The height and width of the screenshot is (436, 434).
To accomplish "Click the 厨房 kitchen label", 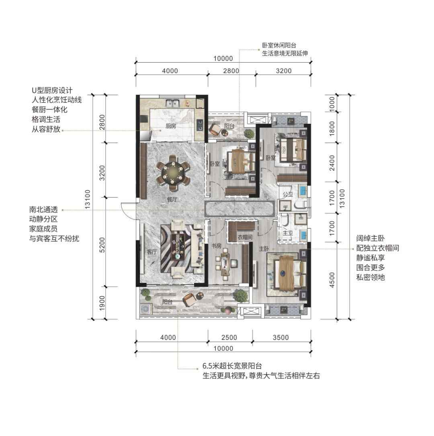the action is (x=171, y=126).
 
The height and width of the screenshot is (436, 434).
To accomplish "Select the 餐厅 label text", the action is (x=172, y=199).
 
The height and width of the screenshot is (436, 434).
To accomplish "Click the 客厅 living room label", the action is (x=152, y=252).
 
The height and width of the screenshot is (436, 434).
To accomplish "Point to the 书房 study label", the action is (x=216, y=246).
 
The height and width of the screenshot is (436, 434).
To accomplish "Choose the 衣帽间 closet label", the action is (x=245, y=237).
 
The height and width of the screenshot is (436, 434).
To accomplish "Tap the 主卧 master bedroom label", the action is (x=264, y=249).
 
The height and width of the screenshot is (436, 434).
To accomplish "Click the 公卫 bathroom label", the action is (x=288, y=194).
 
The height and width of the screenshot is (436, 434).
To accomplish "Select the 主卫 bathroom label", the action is (x=288, y=232).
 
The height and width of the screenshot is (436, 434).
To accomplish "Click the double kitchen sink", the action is (x=173, y=103).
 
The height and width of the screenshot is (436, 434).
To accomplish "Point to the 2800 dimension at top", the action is (x=231, y=71).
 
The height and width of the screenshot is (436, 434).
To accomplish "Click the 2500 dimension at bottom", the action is (x=229, y=338).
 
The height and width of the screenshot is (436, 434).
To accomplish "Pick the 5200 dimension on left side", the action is (x=102, y=245).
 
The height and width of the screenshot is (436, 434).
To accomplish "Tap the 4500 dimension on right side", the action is (x=332, y=280).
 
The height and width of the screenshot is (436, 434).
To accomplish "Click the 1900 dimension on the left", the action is (x=102, y=303).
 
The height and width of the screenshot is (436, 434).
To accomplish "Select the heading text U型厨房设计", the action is (x=52, y=90).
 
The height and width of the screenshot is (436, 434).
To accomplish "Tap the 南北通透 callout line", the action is (x=133, y=210).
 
